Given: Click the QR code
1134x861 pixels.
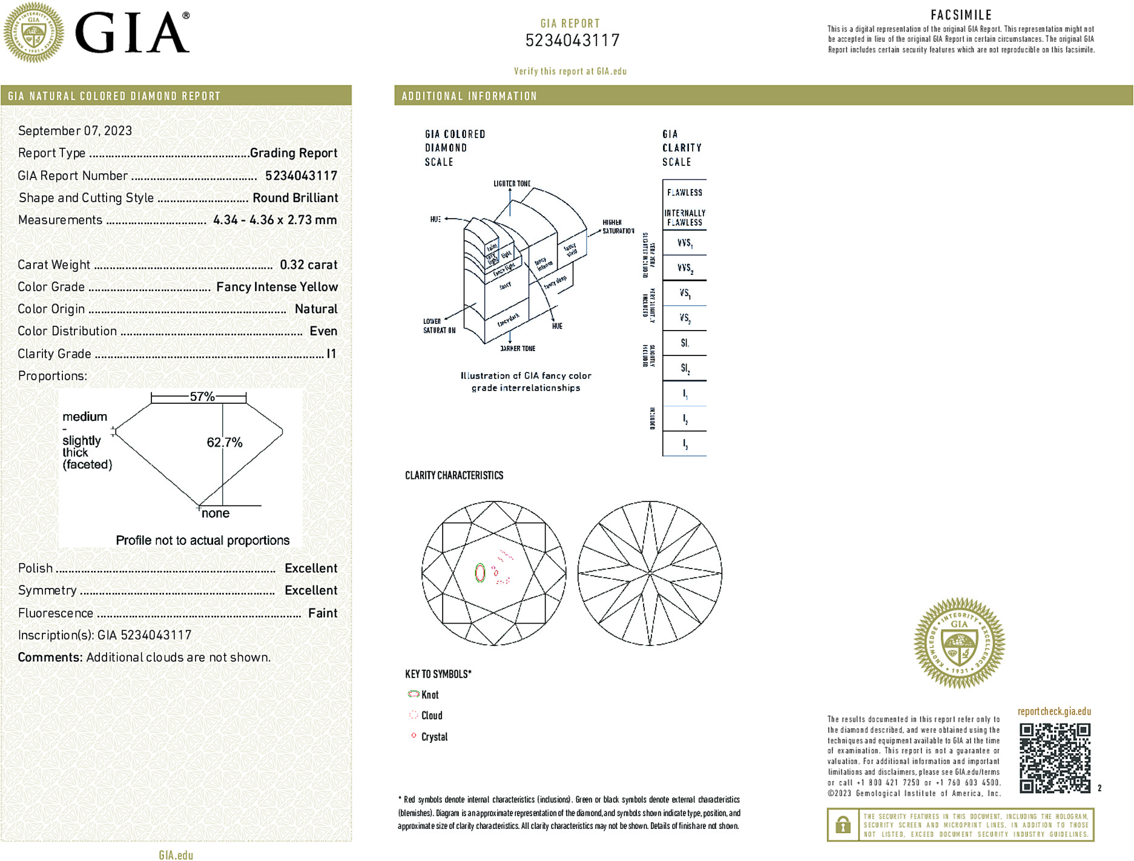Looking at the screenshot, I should click(1055, 757).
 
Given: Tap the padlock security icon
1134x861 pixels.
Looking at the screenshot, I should click(843, 825).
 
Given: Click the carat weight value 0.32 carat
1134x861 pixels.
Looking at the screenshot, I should click(308, 265).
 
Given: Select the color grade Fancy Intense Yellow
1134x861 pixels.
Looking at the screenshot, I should click(277, 287).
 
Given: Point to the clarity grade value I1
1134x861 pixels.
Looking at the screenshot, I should click(331, 354).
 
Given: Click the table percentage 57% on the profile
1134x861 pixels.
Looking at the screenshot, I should click(202, 397).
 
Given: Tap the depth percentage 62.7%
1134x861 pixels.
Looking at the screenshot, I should click(225, 443).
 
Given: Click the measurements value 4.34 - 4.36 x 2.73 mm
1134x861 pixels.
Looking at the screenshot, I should click(275, 220).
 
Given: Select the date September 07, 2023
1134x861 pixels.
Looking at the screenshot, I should click(75, 131).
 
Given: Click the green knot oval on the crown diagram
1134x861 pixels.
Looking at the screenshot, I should click(480, 572).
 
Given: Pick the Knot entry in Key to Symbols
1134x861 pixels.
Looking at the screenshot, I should click(430, 695).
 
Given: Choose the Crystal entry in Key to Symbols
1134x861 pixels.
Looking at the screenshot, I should click(434, 737).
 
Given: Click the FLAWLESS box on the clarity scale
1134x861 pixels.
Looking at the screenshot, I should click(685, 193).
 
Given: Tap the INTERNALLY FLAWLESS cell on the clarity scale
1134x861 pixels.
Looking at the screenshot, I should click(685, 217).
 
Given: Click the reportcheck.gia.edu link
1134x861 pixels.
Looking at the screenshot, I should click(1054, 711).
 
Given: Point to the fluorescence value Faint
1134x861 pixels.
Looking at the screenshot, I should click(323, 613).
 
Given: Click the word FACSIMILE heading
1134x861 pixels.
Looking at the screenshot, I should click(961, 15).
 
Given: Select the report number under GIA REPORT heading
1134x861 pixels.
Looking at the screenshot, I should click(572, 41).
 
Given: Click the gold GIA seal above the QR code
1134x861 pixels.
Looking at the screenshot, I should click(959, 643).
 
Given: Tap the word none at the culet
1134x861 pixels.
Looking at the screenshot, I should click(216, 513).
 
